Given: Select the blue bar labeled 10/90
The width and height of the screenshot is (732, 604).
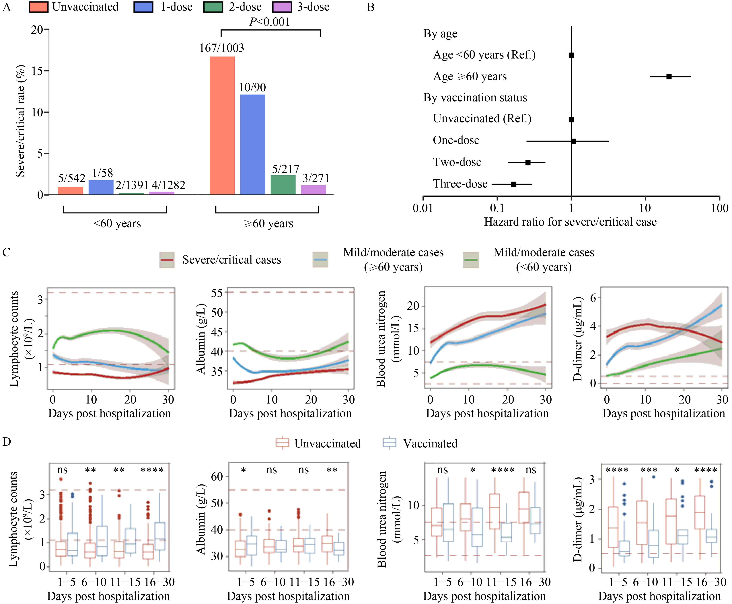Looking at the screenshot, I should click(x=253, y=144).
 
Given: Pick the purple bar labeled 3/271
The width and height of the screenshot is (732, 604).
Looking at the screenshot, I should click(x=314, y=190).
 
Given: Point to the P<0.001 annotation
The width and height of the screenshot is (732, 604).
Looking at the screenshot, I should click(x=270, y=22).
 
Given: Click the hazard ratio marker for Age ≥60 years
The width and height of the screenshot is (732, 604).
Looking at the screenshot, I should click(x=669, y=77).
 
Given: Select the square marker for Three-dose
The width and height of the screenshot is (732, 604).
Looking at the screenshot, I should click(x=513, y=184).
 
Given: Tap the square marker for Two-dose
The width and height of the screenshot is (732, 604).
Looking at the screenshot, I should click(x=528, y=162).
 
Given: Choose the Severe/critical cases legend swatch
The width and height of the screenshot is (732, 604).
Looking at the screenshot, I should click(x=167, y=260).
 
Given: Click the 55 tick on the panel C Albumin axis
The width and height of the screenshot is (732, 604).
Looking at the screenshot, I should click(x=217, y=293).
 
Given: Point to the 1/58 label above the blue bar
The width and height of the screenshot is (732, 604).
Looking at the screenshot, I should click(x=103, y=173).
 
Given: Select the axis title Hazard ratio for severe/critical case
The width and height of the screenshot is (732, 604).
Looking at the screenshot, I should click(x=570, y=222).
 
